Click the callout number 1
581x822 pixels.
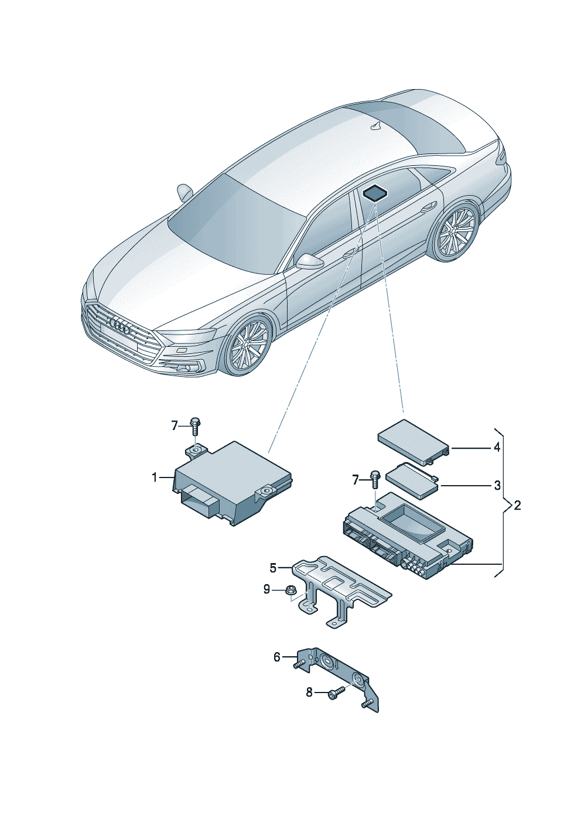(155, 478)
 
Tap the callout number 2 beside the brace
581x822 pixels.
(517, 505)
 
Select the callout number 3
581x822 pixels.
(497, 485)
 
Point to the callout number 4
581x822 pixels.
(497, 448)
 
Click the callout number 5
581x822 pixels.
(273, 567)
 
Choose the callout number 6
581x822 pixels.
(277, 657)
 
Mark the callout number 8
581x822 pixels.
(309, 693)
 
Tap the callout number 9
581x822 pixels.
(266, 589)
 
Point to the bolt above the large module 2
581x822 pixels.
(375, 480)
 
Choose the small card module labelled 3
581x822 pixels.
(411, 479)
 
